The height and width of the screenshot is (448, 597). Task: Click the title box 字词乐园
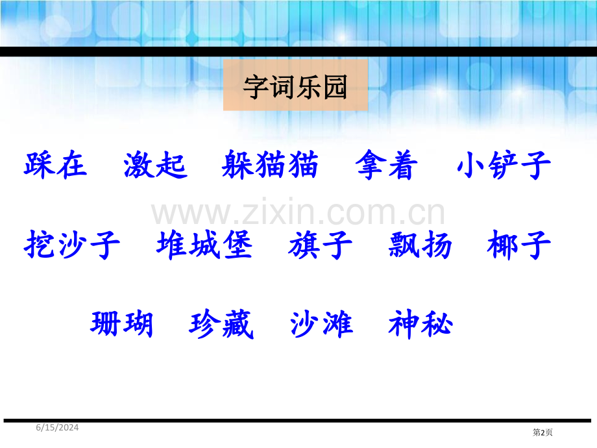(x=295, y=85)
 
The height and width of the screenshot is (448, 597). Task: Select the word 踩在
(x=56, y=164)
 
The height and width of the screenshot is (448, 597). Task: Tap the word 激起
(x=156, y=164)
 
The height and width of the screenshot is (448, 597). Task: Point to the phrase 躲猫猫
(x=270, y=164)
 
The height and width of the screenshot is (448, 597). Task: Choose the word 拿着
(x=387, y=164)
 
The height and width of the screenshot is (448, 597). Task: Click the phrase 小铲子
(x=504, y=164)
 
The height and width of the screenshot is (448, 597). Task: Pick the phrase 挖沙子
(x=72, y=245)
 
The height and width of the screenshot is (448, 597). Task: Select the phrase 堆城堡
(x=204, y=245)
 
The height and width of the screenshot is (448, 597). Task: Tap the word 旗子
(x=321, y=245)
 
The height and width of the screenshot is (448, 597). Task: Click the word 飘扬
(x=420, y=245)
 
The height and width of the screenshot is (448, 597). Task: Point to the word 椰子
(x=519, y=245)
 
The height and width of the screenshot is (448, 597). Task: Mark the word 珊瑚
(x=122, y=324)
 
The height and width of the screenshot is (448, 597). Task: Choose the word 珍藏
(x=221, y=324)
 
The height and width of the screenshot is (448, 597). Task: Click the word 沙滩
(x=322, y=324)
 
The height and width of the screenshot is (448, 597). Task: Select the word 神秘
(x=420, y=324)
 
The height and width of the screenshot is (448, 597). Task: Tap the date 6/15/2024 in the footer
(x=58, y=427)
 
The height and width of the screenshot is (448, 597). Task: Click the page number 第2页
(x=542, y=432)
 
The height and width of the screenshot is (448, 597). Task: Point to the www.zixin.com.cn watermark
(x=298, y=212)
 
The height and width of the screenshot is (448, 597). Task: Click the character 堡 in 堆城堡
(x=238, y=245)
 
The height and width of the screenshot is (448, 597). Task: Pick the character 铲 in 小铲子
(x=503, y=164)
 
